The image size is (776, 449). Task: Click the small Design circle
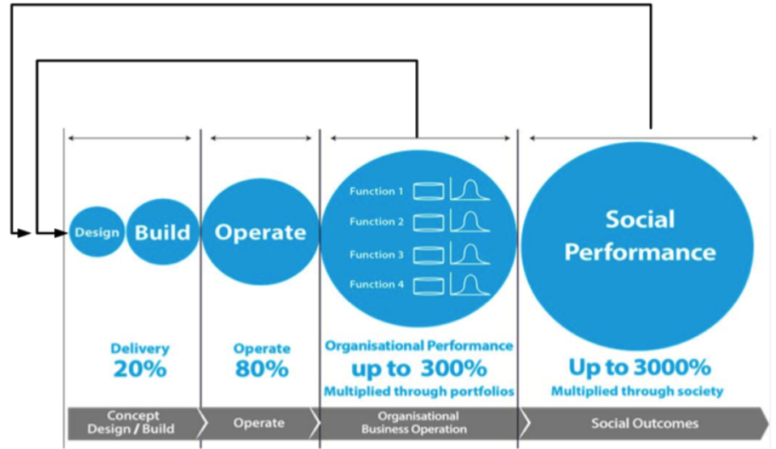pos(96,232)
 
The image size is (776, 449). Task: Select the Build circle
pos(163,232)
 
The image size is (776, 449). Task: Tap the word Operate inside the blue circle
pos(260,232)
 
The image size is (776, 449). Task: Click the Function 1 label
pos(376,192)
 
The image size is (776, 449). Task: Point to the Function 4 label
pos(376,284)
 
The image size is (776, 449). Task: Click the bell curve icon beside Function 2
pos(469,221)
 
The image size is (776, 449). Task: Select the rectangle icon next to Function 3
pos(429,255)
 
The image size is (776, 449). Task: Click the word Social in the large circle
pos(640,219)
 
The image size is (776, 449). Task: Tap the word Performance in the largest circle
pos(640,253)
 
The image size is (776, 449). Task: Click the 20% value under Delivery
pos(140,369)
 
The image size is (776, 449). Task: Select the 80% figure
pos(262,369)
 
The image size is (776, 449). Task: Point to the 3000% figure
pos(672,367)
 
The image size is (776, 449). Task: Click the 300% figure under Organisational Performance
pos(454,369)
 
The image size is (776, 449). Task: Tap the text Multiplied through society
pos(637,391)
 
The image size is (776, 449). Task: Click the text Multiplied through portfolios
pos(418,391)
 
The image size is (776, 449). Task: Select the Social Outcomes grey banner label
pos(645,423)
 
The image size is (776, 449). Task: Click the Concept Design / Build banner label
pos(131,422)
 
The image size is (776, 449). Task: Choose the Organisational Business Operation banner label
pos(414,423)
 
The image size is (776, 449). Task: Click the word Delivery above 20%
pos(140,348)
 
